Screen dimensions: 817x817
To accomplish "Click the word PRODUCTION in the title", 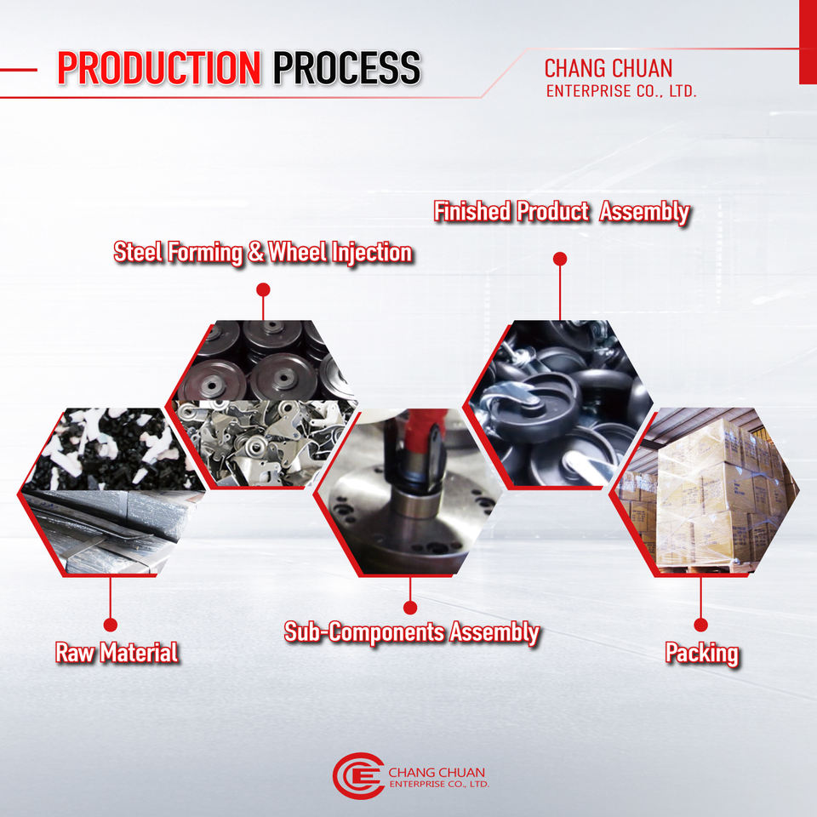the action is [158, 68].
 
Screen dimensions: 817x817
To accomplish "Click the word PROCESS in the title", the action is [346, 68].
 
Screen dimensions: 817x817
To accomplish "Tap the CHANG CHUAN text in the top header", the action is [608, 68].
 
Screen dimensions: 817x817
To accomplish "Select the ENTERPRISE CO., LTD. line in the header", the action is [621, 90].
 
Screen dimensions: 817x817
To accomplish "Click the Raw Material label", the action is [117, 653].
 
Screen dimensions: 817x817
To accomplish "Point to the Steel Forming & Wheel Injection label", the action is [263, 253].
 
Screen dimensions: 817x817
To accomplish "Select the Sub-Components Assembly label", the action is [411, 632].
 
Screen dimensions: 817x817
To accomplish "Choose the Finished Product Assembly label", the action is [561, 211].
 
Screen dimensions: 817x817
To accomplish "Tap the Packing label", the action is [701, 654].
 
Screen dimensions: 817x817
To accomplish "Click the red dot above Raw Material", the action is [109, 625].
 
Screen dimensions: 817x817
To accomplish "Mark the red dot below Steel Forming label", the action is [263, 289].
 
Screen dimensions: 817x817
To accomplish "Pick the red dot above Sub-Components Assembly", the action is [410, 607].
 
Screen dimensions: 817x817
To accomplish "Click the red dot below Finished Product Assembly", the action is [559, 258].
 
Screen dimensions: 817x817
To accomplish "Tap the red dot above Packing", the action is [700, 625].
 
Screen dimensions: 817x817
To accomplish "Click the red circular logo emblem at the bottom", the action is [357, 774].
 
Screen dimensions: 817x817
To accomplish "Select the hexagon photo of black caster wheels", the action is [557, 404].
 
